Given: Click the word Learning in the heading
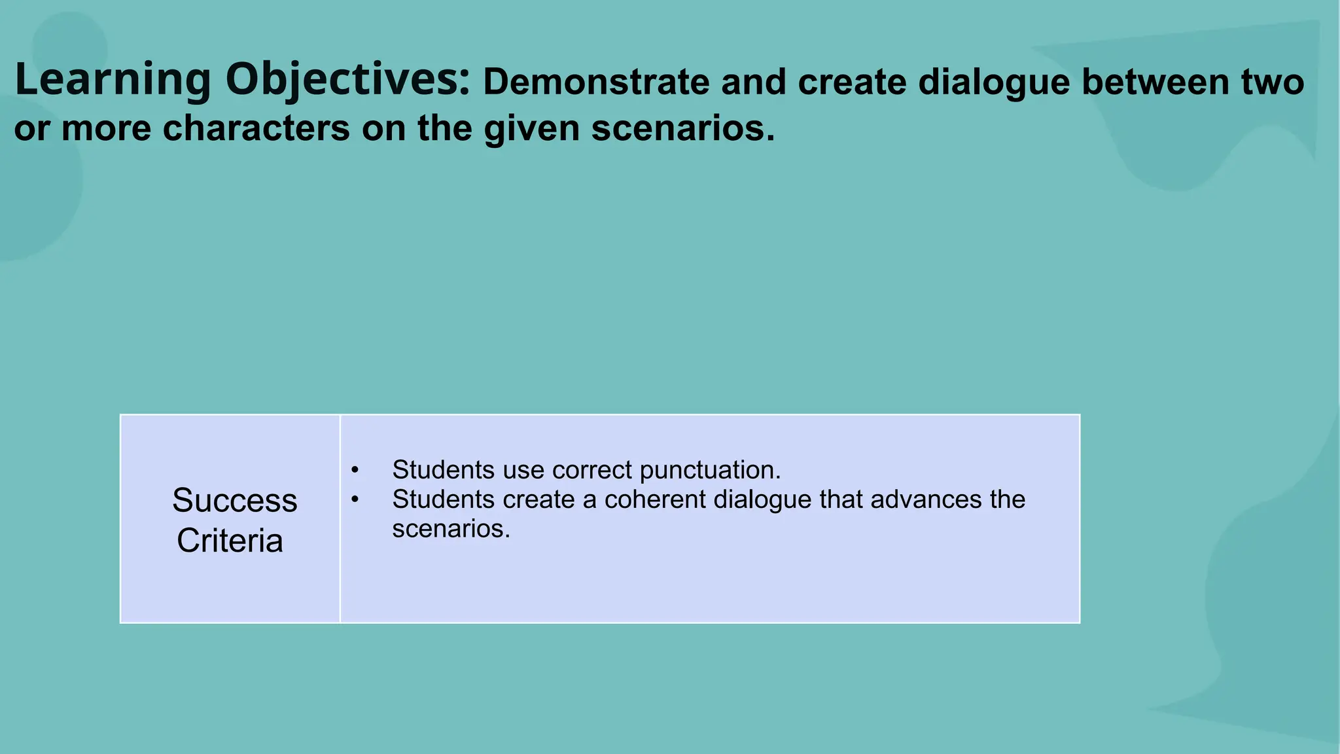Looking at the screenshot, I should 113,81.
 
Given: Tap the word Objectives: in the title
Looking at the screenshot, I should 347,81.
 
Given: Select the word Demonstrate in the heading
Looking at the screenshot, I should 595,82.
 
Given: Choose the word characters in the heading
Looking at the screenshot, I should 256,128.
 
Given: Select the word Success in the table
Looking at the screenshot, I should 234,501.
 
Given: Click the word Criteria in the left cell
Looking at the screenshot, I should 230,541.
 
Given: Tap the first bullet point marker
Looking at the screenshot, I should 355,470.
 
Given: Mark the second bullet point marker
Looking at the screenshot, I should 355,499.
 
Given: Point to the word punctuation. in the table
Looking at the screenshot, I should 710,471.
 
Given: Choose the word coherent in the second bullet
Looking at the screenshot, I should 655,499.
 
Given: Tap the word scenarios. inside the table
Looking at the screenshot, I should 451,529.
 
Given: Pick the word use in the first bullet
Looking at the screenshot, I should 523,470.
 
